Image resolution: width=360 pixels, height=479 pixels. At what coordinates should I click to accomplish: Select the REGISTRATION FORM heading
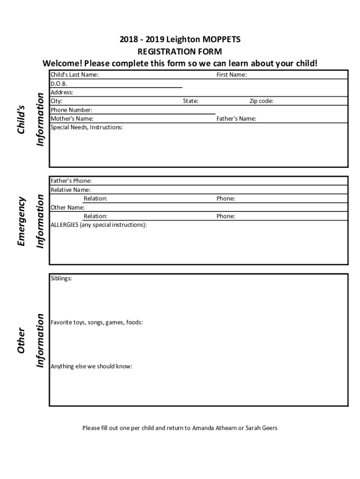coord(180,51)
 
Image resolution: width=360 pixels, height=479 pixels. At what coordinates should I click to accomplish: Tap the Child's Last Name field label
coord(74,75)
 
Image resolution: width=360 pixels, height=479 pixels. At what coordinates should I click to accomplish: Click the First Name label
coord(231,75)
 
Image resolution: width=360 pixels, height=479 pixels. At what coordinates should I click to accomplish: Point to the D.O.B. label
coord(59,84)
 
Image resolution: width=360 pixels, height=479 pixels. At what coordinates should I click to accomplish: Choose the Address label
coord(62,93)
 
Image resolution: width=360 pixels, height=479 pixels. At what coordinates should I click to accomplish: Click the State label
coord(191,101)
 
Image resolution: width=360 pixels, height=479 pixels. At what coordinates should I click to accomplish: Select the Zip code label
coord(261,101)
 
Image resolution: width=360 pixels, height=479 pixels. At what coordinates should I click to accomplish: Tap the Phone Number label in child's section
coord(71,110)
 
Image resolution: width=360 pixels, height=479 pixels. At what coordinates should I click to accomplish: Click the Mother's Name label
coord(72,119)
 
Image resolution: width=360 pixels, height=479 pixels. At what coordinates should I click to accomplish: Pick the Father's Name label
coord(236,119)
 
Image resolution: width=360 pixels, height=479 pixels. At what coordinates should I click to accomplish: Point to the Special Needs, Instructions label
coord(87,127)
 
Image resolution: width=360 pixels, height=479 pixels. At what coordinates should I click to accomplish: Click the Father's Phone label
coord(71,181)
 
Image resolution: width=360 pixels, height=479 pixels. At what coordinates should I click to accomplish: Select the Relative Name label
coord(71,190)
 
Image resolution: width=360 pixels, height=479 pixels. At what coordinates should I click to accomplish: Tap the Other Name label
coord(67,208)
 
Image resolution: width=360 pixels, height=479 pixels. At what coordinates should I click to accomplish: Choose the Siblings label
coord(61,278)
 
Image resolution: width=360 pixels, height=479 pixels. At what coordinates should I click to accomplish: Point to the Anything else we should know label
coord(91,366)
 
